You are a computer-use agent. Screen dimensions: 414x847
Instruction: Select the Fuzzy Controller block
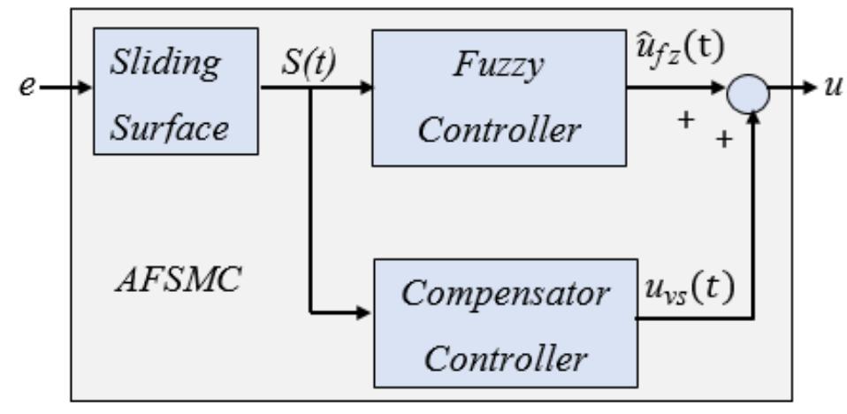499,97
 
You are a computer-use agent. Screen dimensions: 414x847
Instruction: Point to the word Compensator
505,293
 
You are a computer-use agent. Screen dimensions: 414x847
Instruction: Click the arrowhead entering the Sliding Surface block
85,88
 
